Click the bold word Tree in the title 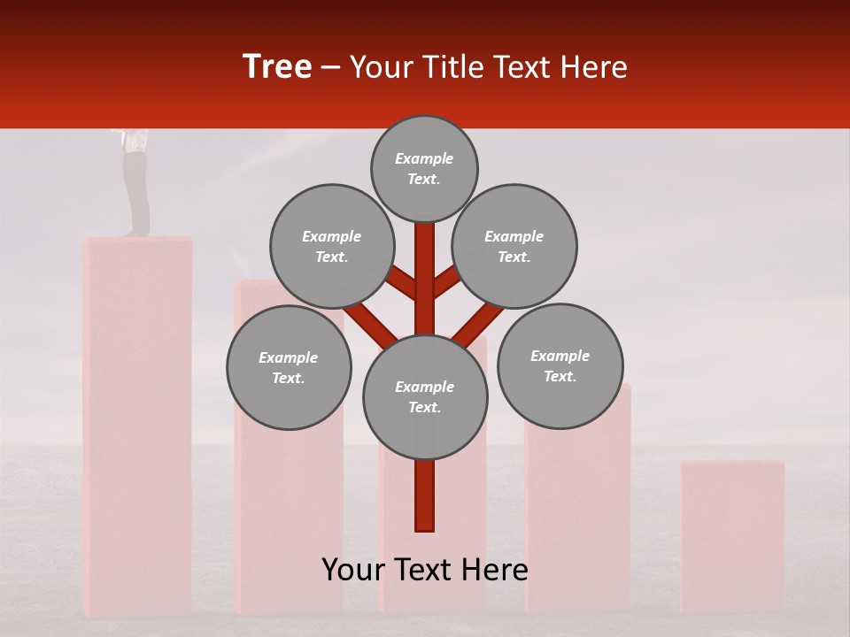(x=277, y=66)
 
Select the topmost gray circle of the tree (x=424, y=168)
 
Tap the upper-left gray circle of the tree (x=331, y=246)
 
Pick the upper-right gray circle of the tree (x=514, y=246)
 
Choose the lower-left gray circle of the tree (x=288, y=367)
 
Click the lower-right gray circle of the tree (x=560, y=365)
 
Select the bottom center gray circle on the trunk (x=424, y=396)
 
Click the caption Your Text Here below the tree (x=424, y=570)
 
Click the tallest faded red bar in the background (x=137, y=425)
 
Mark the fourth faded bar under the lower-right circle (x=577, y=522)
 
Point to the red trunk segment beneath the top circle (x=425, y=265)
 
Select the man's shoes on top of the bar (x=135, y=234)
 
